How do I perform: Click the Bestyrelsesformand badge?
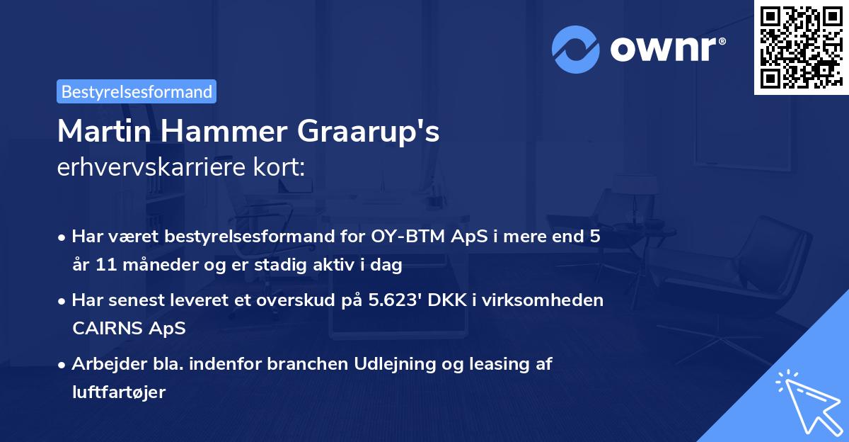(x=137, y=91)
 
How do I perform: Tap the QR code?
(x=801, y=47)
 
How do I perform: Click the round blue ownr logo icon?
(x=575, y=50)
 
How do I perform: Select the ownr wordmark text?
(x=668, y=49)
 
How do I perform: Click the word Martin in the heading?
(x=104, y=131)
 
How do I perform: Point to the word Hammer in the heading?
(x=224, y=131)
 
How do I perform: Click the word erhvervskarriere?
(x=151, y=167)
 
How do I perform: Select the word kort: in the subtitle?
(x=279, y=167)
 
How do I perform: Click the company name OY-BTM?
(x=408, y=237)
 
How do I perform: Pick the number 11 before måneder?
(x=106, y=265)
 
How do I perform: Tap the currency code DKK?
(x=447, y=300)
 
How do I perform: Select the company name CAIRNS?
(x=108, y=328)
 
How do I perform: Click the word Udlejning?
(x=394, y=365)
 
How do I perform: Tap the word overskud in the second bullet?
(x=296, y=300)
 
